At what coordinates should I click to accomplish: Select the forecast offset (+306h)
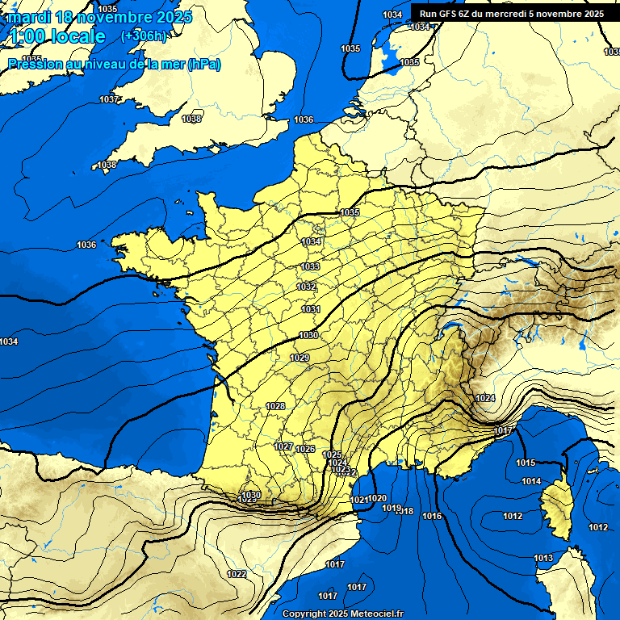[143, 36]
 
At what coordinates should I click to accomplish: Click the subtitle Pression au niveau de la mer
[97, 65]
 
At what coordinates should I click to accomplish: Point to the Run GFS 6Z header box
[511, 14]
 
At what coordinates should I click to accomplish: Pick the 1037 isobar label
[109, 99]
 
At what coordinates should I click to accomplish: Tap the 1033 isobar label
[310, 266]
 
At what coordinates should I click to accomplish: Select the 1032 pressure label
[307, 287]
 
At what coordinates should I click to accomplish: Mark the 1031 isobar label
[311, 309]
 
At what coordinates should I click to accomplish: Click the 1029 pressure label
[300, 358]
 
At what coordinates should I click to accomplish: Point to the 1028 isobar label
[275, 406]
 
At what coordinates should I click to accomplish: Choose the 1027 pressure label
[283, 446]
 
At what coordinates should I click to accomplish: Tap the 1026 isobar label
[305, 449]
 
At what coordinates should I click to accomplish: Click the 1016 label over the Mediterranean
[432, 516]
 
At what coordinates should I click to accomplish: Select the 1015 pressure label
[526, 463]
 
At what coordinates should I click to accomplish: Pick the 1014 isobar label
[531, 481]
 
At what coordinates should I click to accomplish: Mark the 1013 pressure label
[543, 558]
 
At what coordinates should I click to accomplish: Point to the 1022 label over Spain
[237, 574]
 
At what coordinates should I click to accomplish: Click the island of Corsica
[555, 509]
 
